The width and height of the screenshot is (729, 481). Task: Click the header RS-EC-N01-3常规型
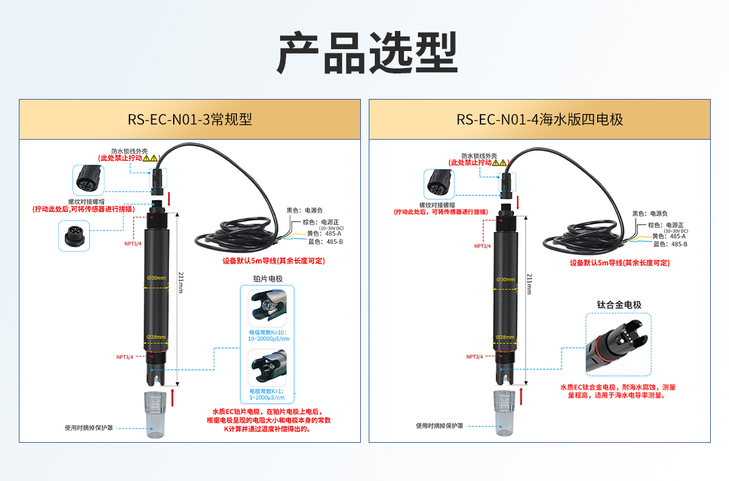[x=190, y=120]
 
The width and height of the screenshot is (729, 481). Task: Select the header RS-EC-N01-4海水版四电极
[x=540, y=120]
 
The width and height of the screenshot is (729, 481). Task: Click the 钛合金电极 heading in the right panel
[x=619, y=304]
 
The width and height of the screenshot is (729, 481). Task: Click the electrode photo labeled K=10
[x=268, y=308]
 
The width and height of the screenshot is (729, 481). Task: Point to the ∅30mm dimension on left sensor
[x=156, y=278]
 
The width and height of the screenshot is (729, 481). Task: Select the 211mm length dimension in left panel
[x=180, y=282]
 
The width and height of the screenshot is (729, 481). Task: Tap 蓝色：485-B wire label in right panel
[x=669, y=244]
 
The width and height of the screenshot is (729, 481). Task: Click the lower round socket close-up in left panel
[x=74, y=236]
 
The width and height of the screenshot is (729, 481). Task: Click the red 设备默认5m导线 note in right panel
[x=619, y=263]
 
